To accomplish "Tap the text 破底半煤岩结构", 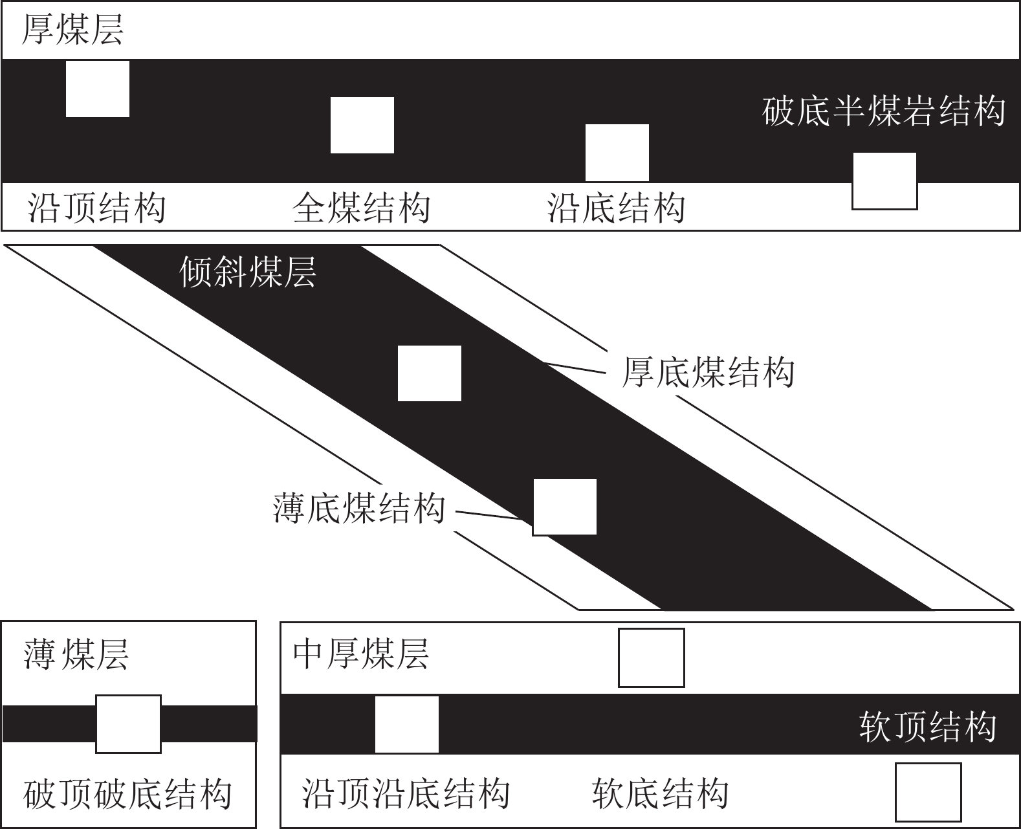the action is point(883,111).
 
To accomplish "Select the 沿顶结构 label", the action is point(97,208).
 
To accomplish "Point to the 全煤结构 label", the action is point(362,208).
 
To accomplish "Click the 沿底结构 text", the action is point(617,208).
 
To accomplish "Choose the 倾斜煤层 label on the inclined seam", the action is point(247,272).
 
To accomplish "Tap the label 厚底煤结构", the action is point(708,372).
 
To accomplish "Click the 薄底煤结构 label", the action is point(359,508).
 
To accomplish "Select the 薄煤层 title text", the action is point(76,654).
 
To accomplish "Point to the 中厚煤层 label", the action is point(361,654).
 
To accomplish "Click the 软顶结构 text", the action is point(928,727).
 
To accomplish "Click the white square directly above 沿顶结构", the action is point(98,89).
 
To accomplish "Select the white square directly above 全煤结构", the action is point(362,125).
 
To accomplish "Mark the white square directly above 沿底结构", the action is point(617,153).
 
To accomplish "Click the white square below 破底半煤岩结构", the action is point(884,181).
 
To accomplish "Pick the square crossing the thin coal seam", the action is point(129,724).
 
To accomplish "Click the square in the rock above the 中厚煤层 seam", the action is point(652,658).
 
